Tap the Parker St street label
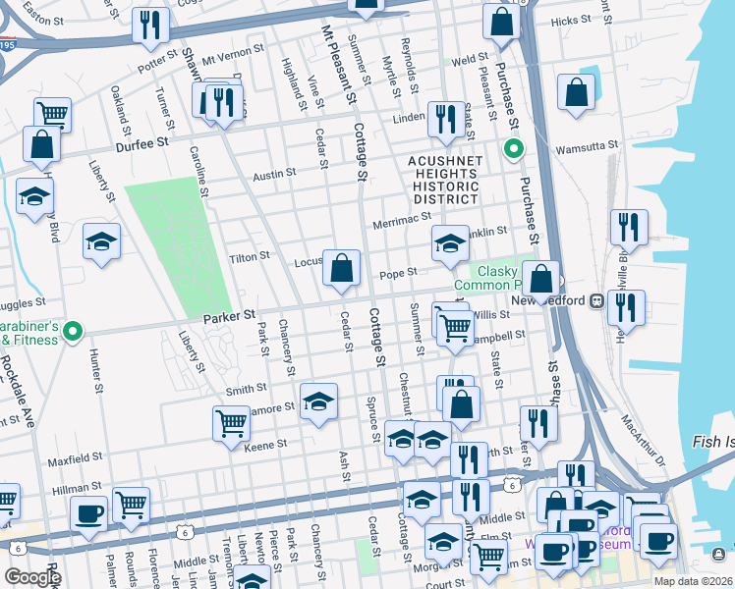coord(230,316)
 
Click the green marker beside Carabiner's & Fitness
coord(71,333)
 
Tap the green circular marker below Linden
coord(512,150)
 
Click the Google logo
coord(32,577)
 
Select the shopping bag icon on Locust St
coord(342,268)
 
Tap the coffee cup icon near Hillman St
coord(88,513)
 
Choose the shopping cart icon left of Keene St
coord(231,423)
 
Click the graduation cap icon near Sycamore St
coord(318,402)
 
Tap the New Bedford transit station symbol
coord(595,300)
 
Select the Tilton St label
coord(249,256)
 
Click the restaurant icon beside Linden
coord(447,120)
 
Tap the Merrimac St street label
coord(395,225)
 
